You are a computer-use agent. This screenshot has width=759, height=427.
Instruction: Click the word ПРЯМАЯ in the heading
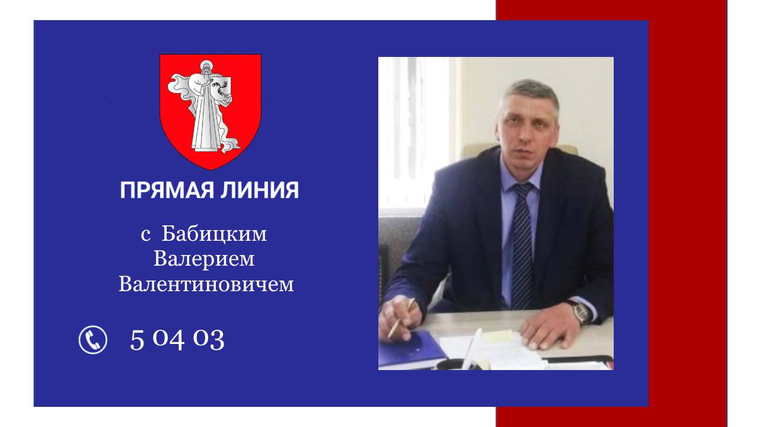[x=167, y=190]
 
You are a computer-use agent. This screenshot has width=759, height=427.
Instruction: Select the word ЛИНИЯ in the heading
[x=260, y=190]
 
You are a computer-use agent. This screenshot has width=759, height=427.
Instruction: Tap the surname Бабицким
[x=214, y=234]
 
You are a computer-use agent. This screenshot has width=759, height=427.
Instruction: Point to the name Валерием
[x=204, y=259]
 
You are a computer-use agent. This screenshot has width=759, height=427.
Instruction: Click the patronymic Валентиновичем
[x=206, y=284]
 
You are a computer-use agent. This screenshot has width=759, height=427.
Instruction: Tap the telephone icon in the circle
[x=93, y=340]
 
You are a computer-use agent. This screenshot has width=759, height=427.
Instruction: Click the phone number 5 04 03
[x=177, y=340]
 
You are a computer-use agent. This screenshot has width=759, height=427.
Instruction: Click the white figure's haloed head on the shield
[x=206, y=67]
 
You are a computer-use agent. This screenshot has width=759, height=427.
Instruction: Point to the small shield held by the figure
[x=221, y=90]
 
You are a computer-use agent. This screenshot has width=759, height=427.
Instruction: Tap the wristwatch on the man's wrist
[x=582, y=313]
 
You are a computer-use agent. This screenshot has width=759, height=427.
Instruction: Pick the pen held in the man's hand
[x=401, y=318]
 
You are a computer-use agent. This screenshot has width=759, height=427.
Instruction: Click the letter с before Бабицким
[x=146, y=235]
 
